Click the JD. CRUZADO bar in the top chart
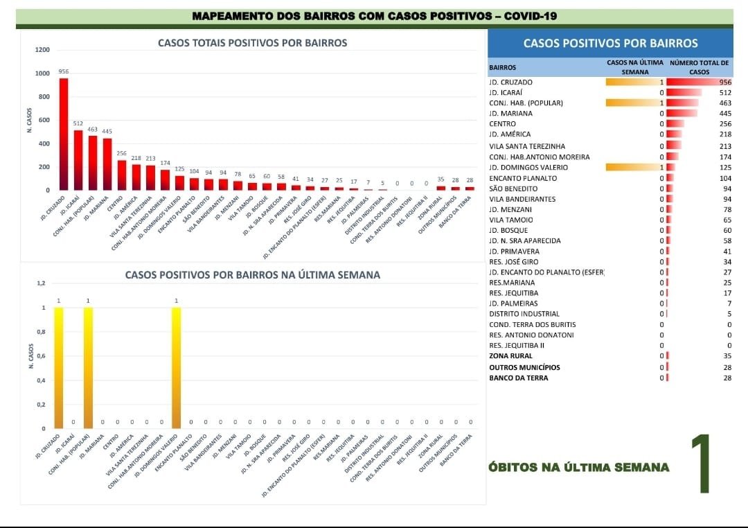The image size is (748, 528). pyautogui.click(x=64, y=134)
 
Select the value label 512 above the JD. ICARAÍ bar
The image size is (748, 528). pyautogui.click(x=78, y=124)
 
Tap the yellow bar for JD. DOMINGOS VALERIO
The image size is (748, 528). pyautogui.click(x=177, y=367)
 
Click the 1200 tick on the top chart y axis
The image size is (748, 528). pyautogui.click(x=43, y=50)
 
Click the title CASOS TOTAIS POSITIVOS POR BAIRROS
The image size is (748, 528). pyautogui.click(x=252, y=43)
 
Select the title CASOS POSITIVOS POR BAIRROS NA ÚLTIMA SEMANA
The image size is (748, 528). pyautogui.click(x=252, y=275)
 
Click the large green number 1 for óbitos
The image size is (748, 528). pyautogui.click(x=701, y=464)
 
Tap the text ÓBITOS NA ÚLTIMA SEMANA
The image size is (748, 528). pyautogui.click(x=579, y=467)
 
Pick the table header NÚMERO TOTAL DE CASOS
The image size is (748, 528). pyautogui.click(x=699, y=67)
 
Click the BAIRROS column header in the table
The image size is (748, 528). pyautogui.click(x=502, y=68)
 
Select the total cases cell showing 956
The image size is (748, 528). pyautogui.click(x=725, y=82)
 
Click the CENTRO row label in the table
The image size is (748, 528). pyautogui.click(x=502, y=123)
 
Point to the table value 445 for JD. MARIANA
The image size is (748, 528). pyautogui.click(x=725, y=113)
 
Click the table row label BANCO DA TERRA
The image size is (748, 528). pyautogui.click(x=518, y=378)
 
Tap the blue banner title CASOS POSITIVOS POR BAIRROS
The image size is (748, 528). pyautogui.click(x=610, y=43)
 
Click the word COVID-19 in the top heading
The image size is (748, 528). pyautogui.click(x=530, y=16)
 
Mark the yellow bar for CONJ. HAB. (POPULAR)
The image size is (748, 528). pyautogui.click(x=88, y=367)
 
